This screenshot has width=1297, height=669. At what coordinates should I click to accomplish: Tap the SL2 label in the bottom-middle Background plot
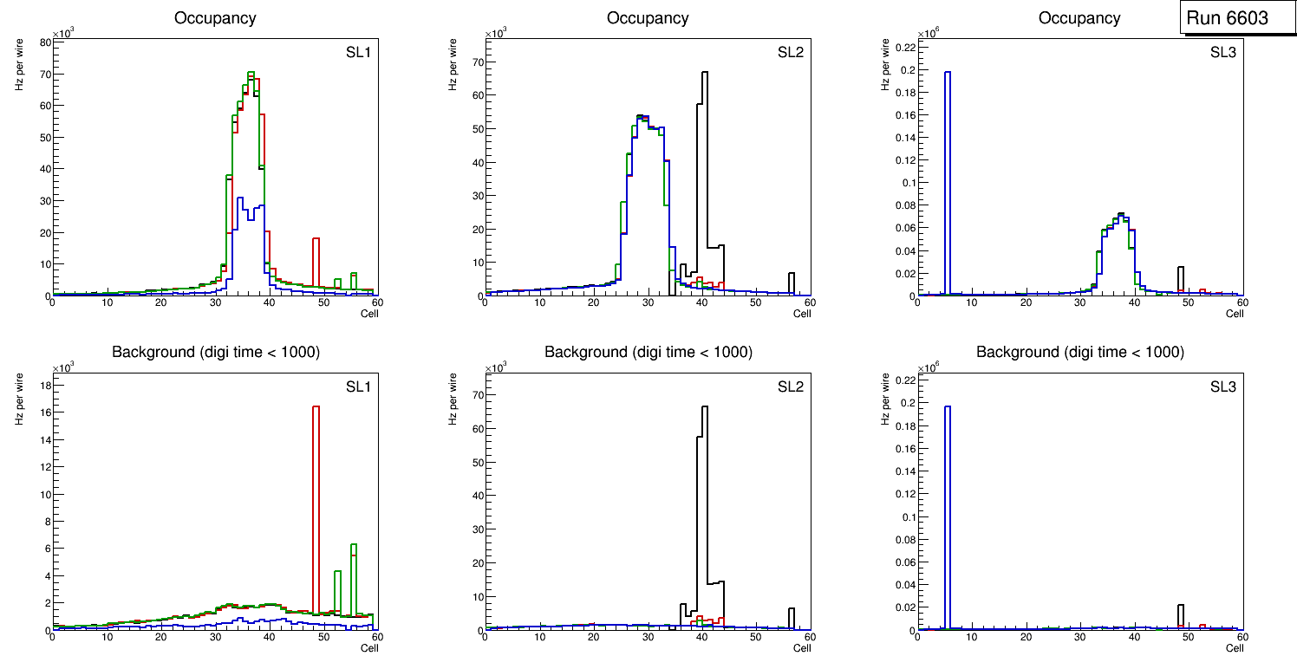tap(790, 386)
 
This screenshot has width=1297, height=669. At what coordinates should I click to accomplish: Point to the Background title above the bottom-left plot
tap(215, 352)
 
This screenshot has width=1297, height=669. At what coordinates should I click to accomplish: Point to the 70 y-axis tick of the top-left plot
tap(44, 74)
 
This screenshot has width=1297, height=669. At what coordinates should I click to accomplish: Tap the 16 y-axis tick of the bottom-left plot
tap(44, 412)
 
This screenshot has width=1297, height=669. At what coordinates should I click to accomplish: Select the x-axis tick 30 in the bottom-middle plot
tap(648, 638)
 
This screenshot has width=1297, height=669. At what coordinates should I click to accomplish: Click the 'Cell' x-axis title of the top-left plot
tap(369, 313)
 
